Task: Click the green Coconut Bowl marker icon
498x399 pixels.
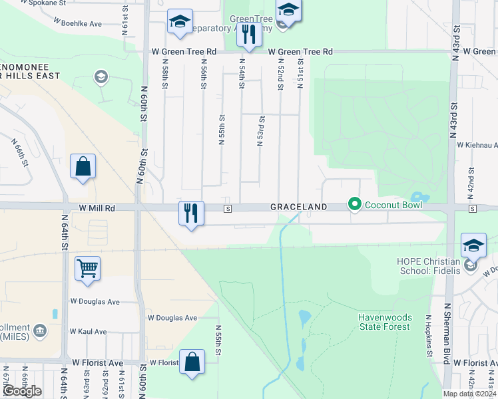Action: click(x=355, y=204)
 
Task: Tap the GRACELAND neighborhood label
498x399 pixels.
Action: click(x=298, y=207)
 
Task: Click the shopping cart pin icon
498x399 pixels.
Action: click(x=87, y=269)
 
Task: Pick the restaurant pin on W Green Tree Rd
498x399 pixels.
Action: click(x=248, y=35)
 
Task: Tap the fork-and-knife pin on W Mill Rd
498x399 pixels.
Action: click(x=191, y=213)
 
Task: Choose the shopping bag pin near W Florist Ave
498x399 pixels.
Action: click(x=192, y=362)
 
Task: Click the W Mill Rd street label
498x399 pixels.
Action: click(x=97, y=208)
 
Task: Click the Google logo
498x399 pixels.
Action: click(x=21, y=391)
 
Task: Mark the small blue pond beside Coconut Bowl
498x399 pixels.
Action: click(x=417, y=197)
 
